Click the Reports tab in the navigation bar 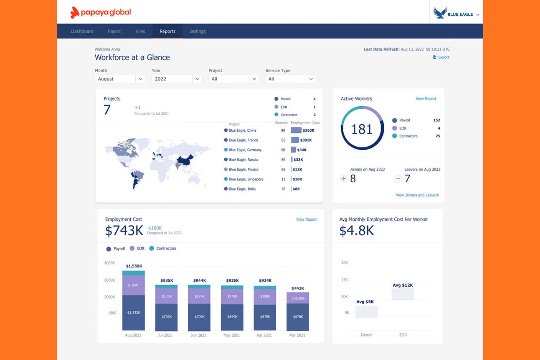167,31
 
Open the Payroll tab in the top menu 115,31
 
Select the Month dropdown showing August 120,79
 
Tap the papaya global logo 101,12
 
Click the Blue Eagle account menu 456,14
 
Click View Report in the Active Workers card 426,99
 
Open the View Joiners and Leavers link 417,195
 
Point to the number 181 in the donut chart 362,129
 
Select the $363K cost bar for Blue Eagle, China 296,130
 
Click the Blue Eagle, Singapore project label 246,179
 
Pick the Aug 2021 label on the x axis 133,335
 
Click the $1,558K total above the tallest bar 134,266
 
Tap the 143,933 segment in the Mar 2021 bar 298,298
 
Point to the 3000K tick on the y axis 109,280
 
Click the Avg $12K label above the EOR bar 402,285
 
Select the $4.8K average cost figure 356,231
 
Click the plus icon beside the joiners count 343,179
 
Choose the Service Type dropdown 290,79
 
